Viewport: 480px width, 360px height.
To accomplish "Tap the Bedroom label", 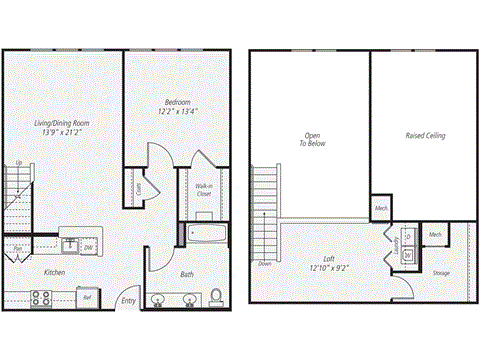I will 177,102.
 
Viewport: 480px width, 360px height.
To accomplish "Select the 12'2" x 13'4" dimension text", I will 177,111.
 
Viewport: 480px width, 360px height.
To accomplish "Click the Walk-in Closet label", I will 203,189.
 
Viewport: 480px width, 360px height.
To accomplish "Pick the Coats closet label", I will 137,187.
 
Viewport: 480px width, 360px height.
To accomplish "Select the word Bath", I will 187,274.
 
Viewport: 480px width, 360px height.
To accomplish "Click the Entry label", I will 129,300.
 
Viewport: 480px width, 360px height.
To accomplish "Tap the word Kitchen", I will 55,271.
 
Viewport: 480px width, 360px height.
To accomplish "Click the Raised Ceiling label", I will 425,135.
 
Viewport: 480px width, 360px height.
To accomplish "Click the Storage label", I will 440,272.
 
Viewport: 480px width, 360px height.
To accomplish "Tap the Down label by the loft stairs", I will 265,264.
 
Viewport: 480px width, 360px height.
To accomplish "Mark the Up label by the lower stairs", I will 19,163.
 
